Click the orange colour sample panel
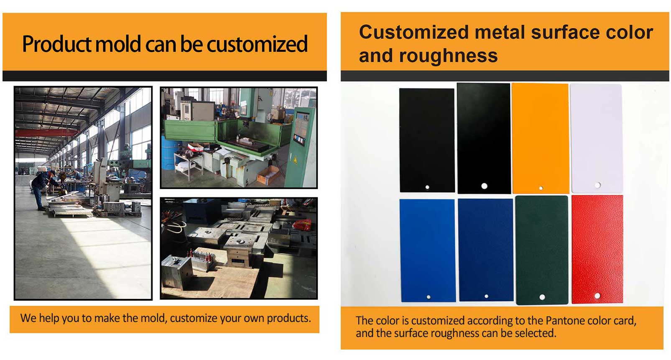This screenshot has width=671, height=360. (540, 138)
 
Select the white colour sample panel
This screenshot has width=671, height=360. (597, 138)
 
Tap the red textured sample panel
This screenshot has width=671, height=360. (597, 249)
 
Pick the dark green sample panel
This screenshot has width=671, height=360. (542, 250)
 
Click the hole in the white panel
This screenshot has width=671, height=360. (597, 185)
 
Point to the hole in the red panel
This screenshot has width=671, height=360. (597, 296)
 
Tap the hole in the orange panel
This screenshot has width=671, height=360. (541, 188)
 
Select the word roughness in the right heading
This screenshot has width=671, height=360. (448, 56)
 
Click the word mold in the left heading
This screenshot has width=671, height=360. (118, 44)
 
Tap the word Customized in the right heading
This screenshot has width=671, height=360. (414, 32)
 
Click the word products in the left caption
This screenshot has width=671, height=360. (289, 318)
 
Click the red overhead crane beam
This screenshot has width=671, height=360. (46, 133)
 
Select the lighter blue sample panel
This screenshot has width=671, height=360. (427, 250)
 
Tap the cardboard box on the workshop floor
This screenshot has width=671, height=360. (268, 176)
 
